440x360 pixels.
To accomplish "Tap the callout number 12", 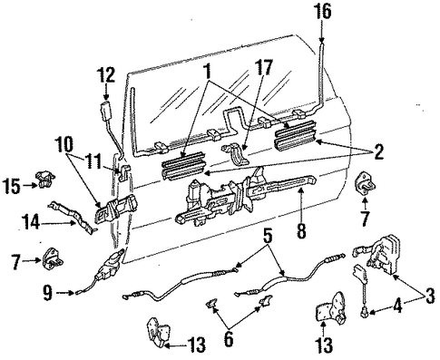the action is point(106,75).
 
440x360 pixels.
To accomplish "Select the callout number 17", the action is point(263,68).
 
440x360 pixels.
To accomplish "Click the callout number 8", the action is point(301,231).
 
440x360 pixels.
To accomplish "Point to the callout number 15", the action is point(12,186).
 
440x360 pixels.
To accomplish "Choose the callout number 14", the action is point(31,223).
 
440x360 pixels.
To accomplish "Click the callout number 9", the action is point(47,293).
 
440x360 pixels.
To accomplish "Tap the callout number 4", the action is point(398,306).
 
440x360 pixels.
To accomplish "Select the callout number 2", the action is point(378,151).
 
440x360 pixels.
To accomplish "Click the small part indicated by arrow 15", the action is point(45,180).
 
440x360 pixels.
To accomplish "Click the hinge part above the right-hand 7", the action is point(365,184).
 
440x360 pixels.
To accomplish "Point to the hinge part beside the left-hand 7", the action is point(53,259).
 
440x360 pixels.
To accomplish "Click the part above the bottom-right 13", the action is point(331,308).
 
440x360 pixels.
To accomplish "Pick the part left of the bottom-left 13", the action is point(158,333).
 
